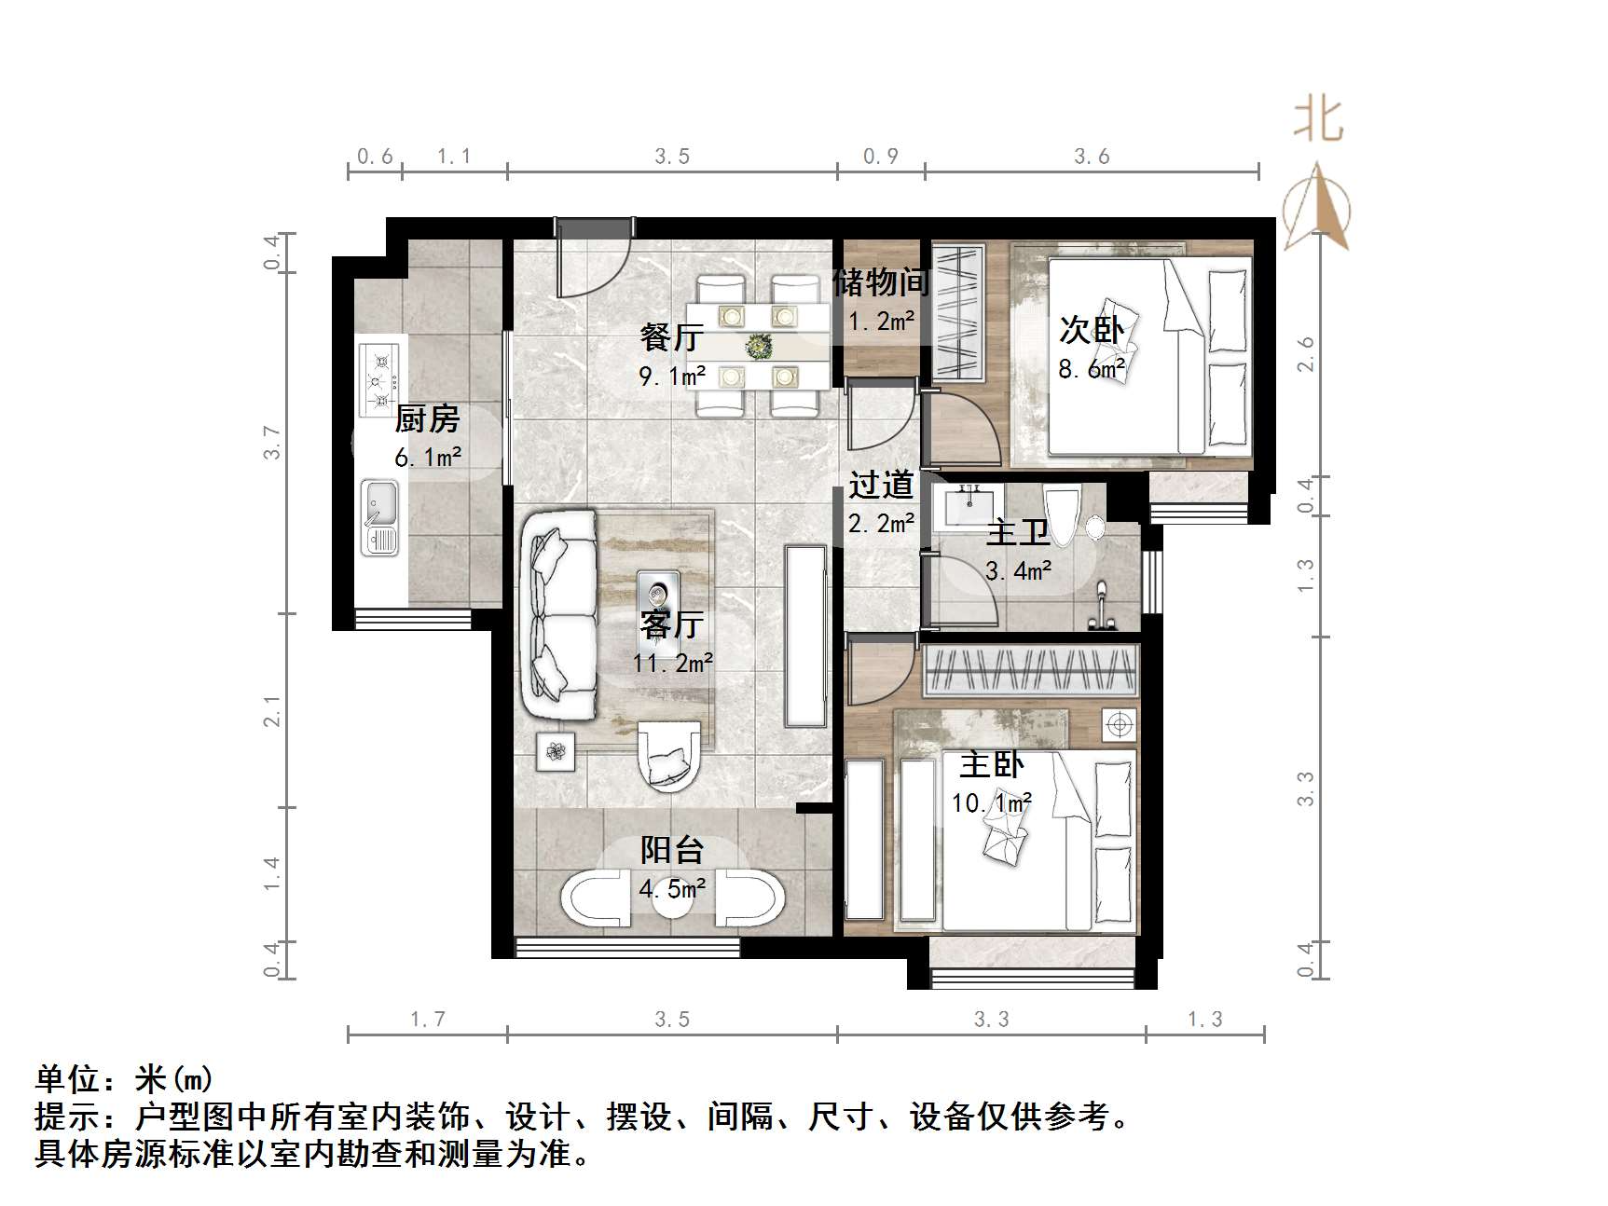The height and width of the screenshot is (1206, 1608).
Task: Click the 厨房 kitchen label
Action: click(427, 419)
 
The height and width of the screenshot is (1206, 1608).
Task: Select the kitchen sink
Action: click(379, 517)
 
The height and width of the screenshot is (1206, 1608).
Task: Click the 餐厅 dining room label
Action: click(670, 336)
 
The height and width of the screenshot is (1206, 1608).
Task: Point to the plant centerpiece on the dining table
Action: click(759, 348)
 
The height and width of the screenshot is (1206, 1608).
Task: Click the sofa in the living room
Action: click(561, 615)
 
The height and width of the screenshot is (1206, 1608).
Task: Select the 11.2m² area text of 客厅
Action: click(673, 664)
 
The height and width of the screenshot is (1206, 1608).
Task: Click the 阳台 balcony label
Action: click(671, 849)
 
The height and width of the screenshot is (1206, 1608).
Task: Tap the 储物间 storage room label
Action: click(881, 281)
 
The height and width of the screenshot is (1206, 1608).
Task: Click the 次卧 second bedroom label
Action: click(1092, 329)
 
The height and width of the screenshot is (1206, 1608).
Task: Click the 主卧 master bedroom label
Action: click(992, 765)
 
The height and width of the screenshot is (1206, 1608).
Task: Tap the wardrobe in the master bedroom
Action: click(1030, 670)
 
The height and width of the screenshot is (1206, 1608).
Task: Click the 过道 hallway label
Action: click(881, 485)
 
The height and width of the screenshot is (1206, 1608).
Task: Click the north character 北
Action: click(1318, 121)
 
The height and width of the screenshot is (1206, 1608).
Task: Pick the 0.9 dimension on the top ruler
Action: click(881, 157)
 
